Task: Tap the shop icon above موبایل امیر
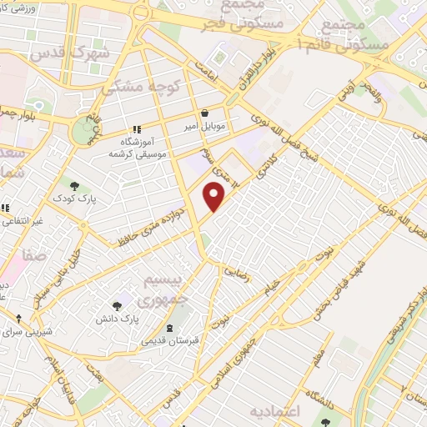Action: click(204, 113)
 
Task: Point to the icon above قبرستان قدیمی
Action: click(171, 327)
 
